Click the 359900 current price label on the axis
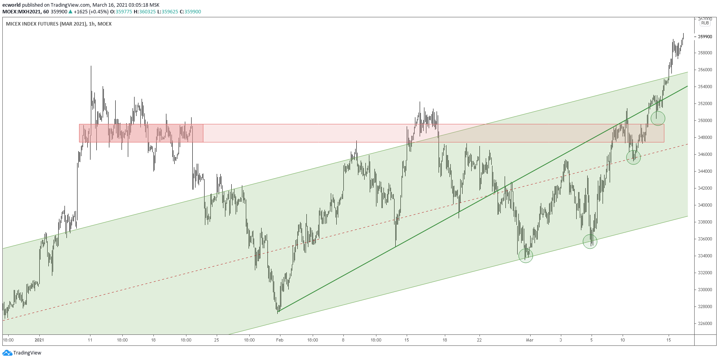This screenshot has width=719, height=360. (x=705, y=37)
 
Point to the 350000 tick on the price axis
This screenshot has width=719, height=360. (x=705, y=120)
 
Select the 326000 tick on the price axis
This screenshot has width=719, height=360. (x=705, y=323)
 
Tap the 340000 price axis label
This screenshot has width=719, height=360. (x=705, y=205)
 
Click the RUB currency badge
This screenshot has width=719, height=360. (x=705, y=23)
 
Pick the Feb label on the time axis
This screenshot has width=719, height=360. (x=280, y=340)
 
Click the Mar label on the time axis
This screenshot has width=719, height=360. (x=530, y=340)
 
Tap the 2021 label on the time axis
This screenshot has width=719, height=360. (x=39, y=340)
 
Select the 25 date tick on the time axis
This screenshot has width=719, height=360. (x=216, y=340)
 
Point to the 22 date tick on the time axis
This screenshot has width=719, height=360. (x=479, y=340)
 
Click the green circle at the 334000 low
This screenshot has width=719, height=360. (x=525, y=256)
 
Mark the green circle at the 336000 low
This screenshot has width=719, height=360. (x=590, y=241)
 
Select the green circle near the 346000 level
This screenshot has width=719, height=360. (x=633, y=157)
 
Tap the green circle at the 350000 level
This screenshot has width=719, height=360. (x=658, y=118)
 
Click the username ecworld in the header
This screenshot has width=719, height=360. (x=11, y=5)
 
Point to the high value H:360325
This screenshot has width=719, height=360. (x=145, y=12)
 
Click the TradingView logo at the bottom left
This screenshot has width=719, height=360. (x=22, y=353)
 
